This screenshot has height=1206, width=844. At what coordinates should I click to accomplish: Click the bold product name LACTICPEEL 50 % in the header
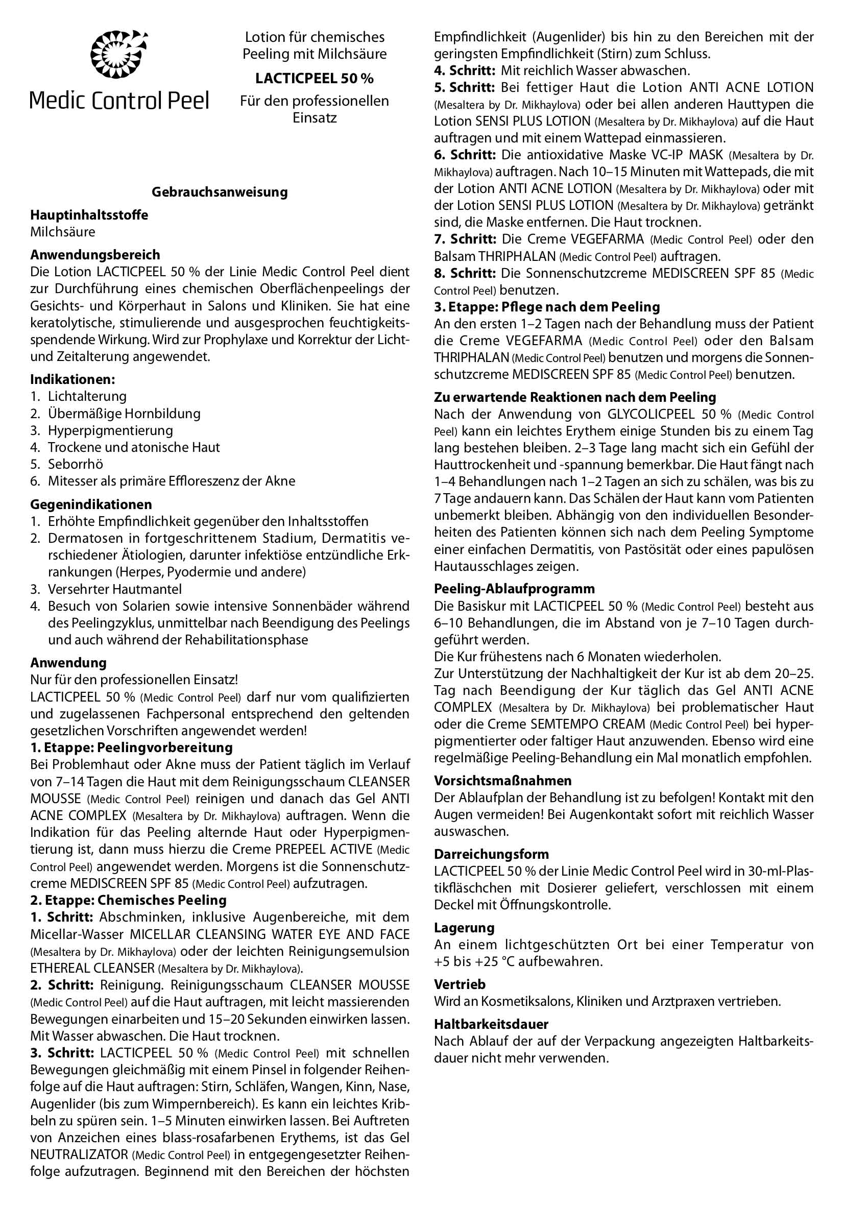pyautogui.click(x=314, y=78)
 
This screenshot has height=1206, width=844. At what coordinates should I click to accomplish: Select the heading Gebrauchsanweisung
pyautogui.click(x=220, y=192)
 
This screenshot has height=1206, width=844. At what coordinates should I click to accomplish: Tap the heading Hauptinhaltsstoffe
pyautogui.click(x=89, y=215)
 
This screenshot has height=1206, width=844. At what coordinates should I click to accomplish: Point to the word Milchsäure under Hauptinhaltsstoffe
pyautogui.click(x=62, y=232)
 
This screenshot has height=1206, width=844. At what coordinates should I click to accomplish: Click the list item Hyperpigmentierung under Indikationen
pyautogui.click(x=110, y=430)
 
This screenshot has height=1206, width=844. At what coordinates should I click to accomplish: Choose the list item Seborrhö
pyautogui.click(x=75, y=464)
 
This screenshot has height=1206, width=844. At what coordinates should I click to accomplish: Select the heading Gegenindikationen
pyautogui.click(x=91, y=504)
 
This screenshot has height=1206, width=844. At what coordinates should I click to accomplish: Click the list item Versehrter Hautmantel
pyautogui.click(x=114, y=589)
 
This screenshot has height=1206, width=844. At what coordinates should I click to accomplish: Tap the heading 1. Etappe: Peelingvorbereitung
pyautogui.click(x=131, y=747)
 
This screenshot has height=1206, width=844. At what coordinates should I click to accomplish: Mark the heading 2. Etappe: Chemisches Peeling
pyautogui.click(x=128, y=900)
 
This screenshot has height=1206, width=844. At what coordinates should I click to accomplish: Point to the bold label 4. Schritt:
pyautogui.click(x=465, y=70)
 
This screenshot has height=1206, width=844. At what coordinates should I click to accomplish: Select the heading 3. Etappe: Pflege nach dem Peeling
pyautogui.click(x=547, y=307)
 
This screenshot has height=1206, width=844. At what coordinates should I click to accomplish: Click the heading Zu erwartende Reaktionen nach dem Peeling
pyautogui.click(x=575, y=397)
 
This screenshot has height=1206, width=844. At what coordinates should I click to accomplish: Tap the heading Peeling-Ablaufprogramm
pyautogui.click(x=514, y=589)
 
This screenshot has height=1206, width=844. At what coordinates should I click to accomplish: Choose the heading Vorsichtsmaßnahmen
pyautogui.click(x=502, y=781)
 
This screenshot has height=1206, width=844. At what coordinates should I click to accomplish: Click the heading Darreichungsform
pyautogui.click(x=491, y=854)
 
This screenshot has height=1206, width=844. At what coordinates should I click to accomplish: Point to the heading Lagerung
pyautogui.click(x=464, y=928)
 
